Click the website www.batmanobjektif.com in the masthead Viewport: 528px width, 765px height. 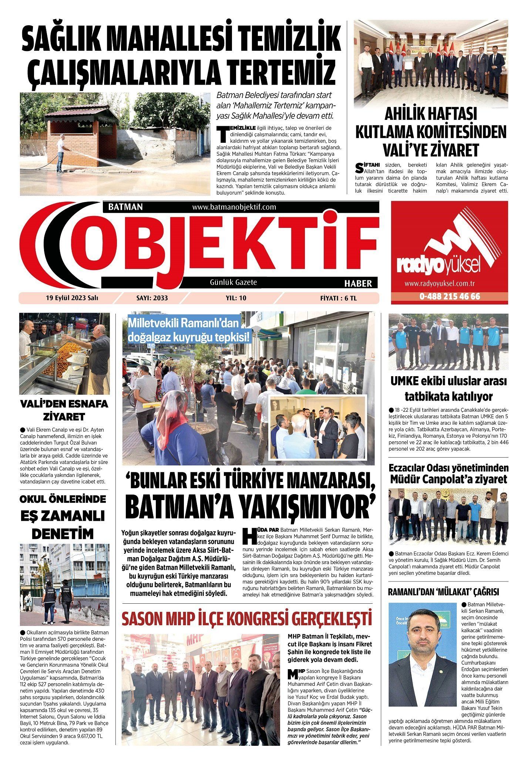[x=234, y=207]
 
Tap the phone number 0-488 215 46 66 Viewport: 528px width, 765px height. [x=450, y=296]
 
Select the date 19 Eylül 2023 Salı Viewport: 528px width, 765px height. [x=69, y=298]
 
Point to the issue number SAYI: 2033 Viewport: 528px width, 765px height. [x=152, y=298]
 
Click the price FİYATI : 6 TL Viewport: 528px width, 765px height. [x=338, y=298]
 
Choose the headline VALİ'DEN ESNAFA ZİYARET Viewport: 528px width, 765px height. [x=64, y=410]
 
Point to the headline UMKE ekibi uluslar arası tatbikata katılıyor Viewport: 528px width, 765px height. [x=448, y=388]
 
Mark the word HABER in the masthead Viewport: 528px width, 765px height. [x=358, y=283]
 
